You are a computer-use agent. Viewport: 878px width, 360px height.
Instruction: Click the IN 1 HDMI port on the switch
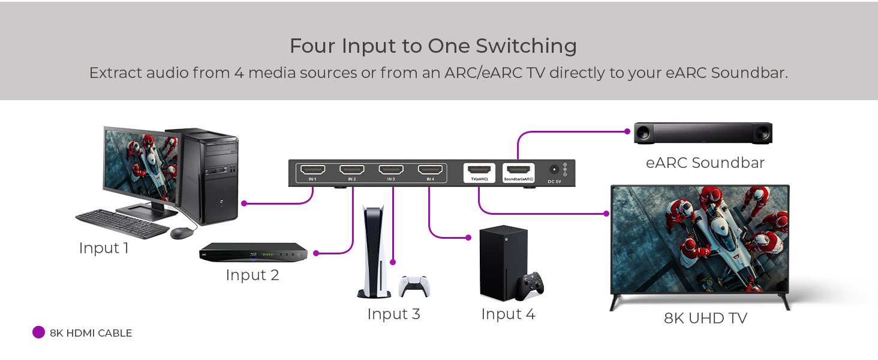pos(312,170)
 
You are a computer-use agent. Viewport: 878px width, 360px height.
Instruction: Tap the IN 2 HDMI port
pos(351,170)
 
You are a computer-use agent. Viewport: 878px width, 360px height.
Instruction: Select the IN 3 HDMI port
pos(391,170)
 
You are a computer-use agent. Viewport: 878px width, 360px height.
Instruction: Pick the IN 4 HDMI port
pos(430,170)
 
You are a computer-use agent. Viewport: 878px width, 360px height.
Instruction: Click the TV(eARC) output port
pos(479,170)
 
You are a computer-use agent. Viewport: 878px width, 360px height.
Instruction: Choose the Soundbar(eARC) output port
pos(518,170)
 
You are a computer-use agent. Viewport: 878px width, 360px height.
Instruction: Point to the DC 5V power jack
pos(554,170)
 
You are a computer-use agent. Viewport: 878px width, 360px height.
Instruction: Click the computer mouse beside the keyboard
pos(182,233)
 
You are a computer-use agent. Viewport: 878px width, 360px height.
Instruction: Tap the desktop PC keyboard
pos(122,224)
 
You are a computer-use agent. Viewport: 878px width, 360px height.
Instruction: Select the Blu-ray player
pos(253,252)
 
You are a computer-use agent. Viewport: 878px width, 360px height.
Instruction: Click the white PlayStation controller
pos(414,287)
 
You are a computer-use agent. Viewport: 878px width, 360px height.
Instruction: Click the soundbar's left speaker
pos(644,133)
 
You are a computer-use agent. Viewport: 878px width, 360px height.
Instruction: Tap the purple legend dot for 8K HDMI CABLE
pos(38,332)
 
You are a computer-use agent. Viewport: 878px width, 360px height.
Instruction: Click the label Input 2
pos(252,275)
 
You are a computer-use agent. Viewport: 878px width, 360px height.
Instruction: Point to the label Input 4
pos(508,314)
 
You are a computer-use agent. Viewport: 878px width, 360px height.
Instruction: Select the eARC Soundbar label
pos(705,163)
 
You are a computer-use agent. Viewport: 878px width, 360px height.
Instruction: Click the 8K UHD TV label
pos(705,318)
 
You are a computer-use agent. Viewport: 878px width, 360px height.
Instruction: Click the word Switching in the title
pos(526,47)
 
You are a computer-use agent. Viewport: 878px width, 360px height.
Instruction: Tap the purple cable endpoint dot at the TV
pos(606,214)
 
